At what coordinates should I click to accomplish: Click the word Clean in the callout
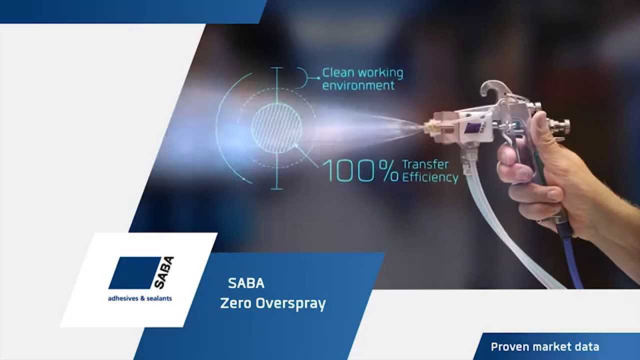point(338,72)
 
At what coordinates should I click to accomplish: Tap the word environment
point(358,85)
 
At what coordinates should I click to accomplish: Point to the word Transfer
point(425,164)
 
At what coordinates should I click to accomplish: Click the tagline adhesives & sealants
point(140,298)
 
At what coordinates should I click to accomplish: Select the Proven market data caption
point(544,347)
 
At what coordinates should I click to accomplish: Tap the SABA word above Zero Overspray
point(246,283)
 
